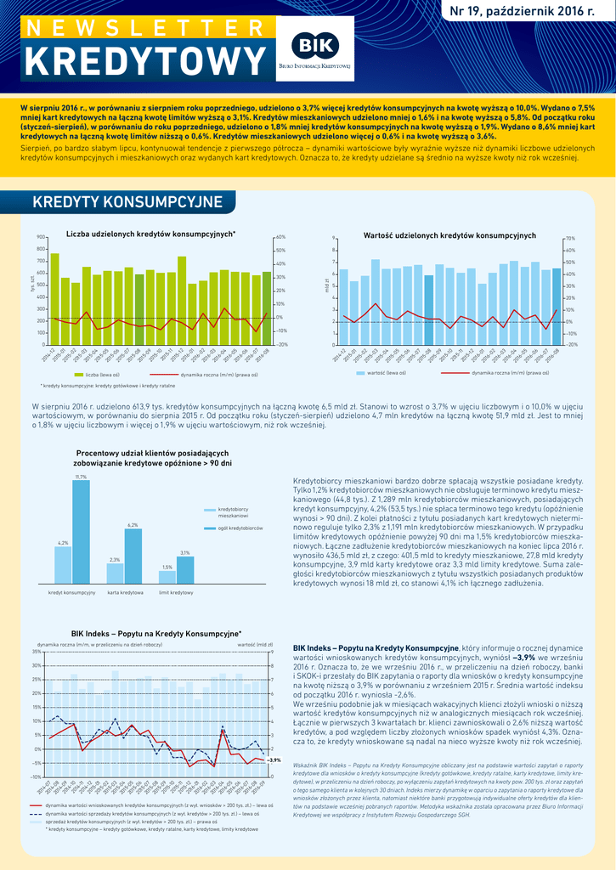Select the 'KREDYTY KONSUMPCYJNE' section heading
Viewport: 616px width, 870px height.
tap(127, 202)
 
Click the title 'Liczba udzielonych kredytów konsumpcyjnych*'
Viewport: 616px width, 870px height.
tap(150, 234)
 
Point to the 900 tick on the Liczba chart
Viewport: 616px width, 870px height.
tap(41, 237)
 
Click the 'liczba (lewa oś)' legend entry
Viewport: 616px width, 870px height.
tap(102, 374)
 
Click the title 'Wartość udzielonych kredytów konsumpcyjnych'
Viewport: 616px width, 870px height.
tap(449, 234)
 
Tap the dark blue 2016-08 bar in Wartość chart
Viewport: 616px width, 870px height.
tap(557, 307)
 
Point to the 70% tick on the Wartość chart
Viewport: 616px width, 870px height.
tap(572, 239)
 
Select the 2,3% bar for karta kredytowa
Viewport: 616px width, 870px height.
tap(115, 574)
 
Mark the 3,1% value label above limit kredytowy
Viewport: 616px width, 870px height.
tap(184, 553)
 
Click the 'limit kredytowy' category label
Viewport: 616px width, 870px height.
tap(176, 591)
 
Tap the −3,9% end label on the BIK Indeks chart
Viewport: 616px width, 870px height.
tap(274, 760)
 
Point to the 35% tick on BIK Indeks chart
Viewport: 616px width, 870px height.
tap(37, 652)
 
